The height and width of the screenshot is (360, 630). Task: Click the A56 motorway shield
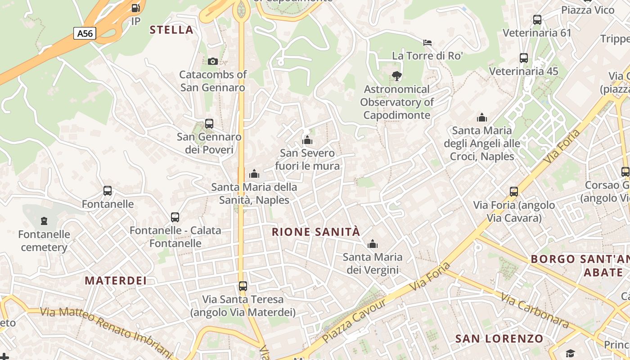85,33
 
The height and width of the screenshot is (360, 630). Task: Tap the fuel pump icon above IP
135,8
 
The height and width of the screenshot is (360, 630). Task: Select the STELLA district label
171,30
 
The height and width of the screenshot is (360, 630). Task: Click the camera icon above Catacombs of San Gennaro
213,61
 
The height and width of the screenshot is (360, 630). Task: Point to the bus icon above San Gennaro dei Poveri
209,123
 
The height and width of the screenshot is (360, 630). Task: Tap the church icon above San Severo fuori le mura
307,140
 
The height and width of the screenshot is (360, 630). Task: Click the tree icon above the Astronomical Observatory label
396,76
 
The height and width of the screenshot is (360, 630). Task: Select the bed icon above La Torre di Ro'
427,43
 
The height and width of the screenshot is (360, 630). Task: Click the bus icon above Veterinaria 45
524,58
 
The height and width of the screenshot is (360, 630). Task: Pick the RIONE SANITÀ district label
316,232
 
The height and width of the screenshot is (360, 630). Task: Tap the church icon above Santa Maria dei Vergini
372,244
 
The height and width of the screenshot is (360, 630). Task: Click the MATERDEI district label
116,281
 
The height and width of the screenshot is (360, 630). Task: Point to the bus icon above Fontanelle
107,191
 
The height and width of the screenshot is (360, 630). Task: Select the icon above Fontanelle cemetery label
44,221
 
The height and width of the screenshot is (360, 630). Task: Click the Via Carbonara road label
535,311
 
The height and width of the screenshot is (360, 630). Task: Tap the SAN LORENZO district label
499,338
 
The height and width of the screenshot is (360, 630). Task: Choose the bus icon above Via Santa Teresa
243,286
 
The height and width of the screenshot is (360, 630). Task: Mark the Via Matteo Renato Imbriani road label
106,331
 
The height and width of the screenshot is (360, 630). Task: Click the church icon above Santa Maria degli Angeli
482,118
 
